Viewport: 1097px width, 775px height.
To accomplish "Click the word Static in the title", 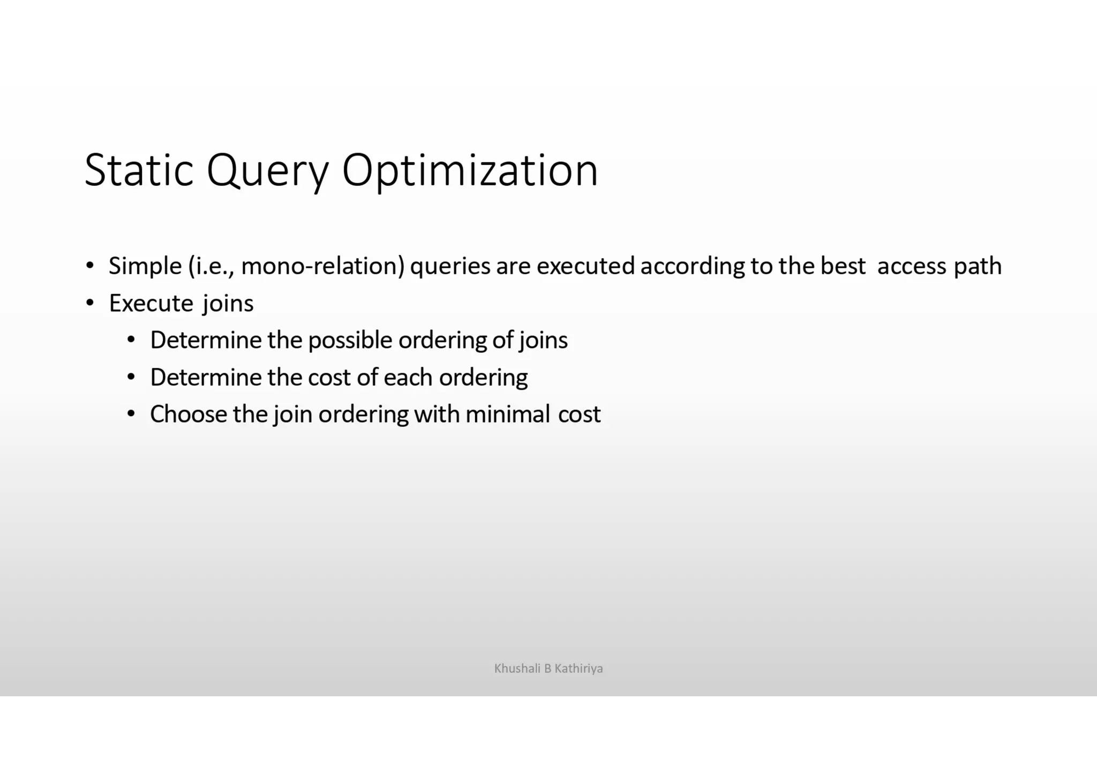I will (x=138, y=170).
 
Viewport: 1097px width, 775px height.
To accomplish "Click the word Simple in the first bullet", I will (x=145, y=266).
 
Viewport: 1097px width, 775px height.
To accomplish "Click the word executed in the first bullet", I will (x=585, y=266).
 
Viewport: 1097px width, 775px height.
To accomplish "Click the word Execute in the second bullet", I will (x=151, y=303).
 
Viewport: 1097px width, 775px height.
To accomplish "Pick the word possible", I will (x=350, y=341).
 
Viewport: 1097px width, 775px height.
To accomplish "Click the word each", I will (x=408, y=378).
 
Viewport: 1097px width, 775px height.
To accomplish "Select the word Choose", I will (x=188, y=415).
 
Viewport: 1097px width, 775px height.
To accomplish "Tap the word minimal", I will (x=508, y=415).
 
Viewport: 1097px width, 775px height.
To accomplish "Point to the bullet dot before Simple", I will (x=90, y=266).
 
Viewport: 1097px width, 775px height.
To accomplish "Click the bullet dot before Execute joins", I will (x=90, y=303).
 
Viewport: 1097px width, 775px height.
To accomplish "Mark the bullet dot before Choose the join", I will (x=131, y=414).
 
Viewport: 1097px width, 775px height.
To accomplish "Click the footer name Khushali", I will (x=517, y=668).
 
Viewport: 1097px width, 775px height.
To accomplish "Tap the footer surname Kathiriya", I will (x=578, y=668).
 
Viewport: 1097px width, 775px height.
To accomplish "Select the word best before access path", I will (x=843, y=266).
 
